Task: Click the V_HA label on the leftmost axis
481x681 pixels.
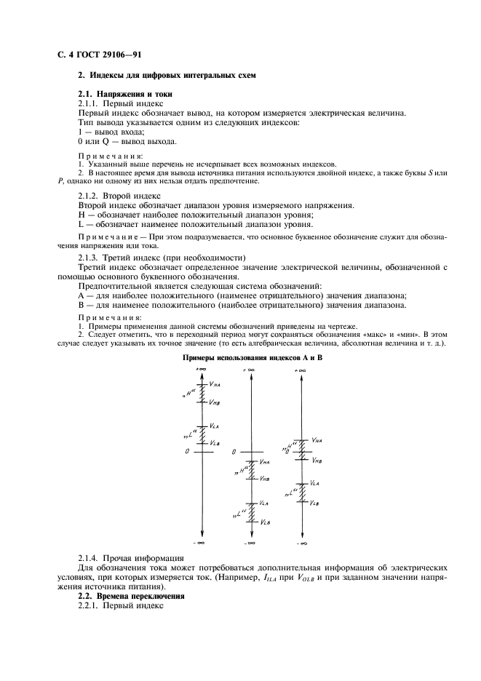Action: (x=216, y=384)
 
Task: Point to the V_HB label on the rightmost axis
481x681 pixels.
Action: (x=317, y=460)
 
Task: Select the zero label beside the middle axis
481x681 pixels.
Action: (x=234, y=452)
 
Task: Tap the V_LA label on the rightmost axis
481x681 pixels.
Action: (x=314, y=483)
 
